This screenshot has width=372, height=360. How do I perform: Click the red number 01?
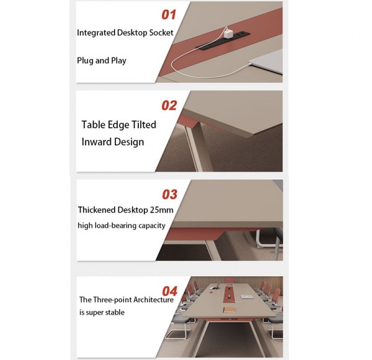coord(169,14)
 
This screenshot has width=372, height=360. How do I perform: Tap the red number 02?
coord(169,105)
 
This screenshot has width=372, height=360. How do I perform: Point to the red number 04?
coord(169,291)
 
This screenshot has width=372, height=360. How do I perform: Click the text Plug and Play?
coord(101,61)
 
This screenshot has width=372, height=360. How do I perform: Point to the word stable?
coord(113,313)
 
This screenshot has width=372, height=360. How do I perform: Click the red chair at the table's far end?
coord(231,280)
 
